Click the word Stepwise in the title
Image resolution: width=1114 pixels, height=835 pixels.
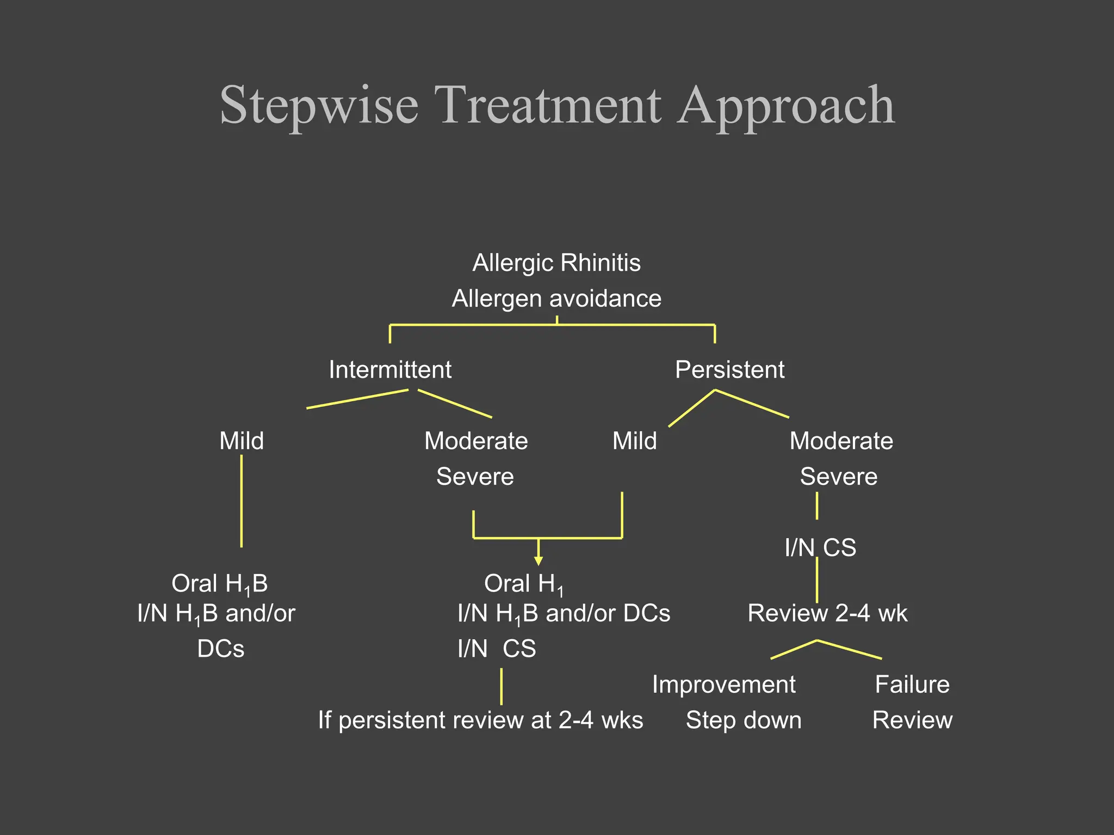[x=319, y=106]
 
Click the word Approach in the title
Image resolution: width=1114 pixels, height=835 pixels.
[x=787, y=106]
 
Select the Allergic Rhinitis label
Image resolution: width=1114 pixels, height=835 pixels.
[x=556, y=263]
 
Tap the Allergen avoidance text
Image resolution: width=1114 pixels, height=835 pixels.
[x=556, y=299]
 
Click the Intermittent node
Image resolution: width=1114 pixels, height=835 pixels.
[x=390, y=370]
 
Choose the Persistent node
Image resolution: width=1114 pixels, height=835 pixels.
[x=729, y=370]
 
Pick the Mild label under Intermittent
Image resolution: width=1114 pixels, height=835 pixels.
[x=242, y=441]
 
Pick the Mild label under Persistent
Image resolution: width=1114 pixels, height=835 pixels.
[x=634, y=441]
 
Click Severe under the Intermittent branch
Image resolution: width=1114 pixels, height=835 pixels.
[x=475, y=477]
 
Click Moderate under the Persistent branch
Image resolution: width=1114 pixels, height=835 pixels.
[x=841, y=441]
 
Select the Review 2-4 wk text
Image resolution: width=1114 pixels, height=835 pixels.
[x=827, y=614]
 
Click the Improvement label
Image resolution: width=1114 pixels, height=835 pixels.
[x=723, y=684]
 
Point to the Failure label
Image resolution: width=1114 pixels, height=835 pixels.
[x=912, y=684]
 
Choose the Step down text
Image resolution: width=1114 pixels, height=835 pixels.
[x=744, y=720]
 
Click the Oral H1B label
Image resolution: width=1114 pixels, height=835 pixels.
[x=220, y=584]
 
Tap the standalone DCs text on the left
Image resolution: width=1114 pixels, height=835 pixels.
[x=221, y=649]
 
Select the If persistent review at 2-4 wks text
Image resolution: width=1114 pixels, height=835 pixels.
[x=480, y=720]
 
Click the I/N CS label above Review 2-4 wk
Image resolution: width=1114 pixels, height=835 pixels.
[x=820, y=548]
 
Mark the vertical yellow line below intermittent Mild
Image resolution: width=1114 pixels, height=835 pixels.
[x=242, y=501]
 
